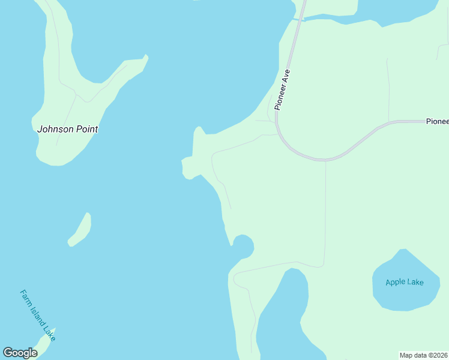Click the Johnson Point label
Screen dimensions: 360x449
tap(67, 129)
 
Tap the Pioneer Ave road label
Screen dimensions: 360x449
tap(283, 89)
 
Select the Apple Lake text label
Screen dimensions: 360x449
tap(404, 282)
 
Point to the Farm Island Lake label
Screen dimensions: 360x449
tap(37, 316)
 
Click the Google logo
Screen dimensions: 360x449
tap(20, 353)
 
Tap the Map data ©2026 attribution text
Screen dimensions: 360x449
tap(424, 355)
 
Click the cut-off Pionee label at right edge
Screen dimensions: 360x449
tap(437, 121)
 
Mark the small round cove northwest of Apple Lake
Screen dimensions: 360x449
tap(243, 246)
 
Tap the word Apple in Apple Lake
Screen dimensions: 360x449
tap(396, 282)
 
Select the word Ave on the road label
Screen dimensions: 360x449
tap(286, 76)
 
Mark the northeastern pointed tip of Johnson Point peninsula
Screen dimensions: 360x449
tap(145, 57)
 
